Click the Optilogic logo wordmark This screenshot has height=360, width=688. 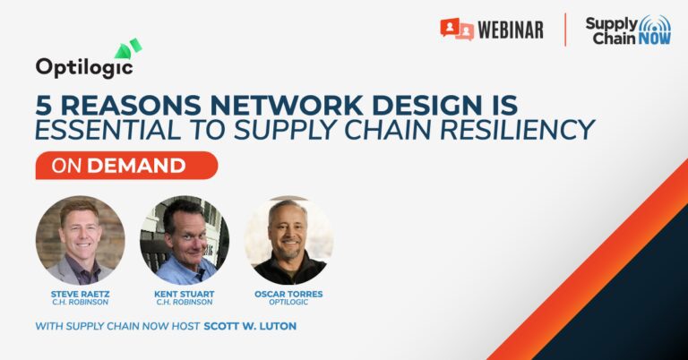(x=84, y=67)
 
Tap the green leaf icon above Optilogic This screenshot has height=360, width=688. (x=128, y=48)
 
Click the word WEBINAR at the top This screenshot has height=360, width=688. (x=511, y=30)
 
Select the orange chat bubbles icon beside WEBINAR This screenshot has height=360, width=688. (x=457, y=29)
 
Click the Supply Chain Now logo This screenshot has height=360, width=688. (x=628, y=30)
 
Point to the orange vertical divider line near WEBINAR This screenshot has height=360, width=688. (x=565, y=30)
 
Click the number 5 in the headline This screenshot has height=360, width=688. (x=44, y=106)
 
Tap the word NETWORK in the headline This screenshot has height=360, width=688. (x=286, y=106)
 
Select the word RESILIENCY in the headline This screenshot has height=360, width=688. (x=517, y=130)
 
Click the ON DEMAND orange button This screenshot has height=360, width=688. (x=126, y=166)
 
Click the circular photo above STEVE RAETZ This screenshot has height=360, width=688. (x=81, y=240)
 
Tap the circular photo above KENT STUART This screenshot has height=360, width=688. (x=185, y=240)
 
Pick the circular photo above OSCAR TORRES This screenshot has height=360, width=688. (x=288, y=240)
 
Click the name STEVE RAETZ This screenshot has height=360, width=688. (x=81, y=295)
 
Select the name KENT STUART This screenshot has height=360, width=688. (x=185, y=295)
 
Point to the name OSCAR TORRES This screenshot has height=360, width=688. (x=288, y=295)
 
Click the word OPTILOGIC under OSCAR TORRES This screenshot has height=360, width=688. (x=288, y=302)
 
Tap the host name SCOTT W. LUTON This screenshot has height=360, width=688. (x=250, y=326)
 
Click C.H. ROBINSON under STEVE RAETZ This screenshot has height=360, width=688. (x=81, y=302)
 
